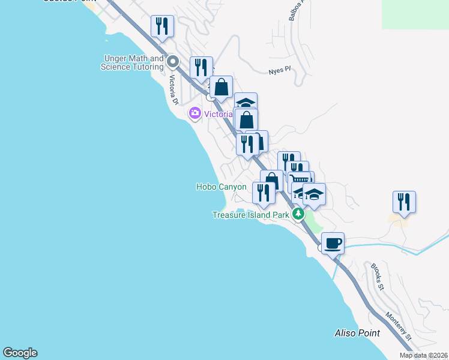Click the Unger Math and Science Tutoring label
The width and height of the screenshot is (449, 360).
point(133,62)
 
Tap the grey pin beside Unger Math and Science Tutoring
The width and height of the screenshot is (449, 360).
point(173,61)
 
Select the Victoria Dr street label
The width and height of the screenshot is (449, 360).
point(173,89)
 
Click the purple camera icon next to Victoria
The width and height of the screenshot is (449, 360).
point(194,113)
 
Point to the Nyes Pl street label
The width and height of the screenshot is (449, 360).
point(279,70)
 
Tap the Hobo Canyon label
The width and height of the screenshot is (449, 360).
point(221,187)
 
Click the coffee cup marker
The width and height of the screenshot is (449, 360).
point(333,244)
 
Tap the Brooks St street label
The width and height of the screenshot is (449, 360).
point(377,275)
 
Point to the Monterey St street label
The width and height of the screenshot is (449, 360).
point(398,327)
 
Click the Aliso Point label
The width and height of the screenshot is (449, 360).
point(357,333)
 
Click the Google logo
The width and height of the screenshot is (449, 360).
point(20,353)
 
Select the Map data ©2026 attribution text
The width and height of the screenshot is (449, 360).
point(423,355)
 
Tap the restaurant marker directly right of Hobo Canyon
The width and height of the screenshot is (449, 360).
point(264,193)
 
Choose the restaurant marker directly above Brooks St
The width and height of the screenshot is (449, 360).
point(404,202)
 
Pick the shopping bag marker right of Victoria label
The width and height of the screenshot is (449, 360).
point(246,119)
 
